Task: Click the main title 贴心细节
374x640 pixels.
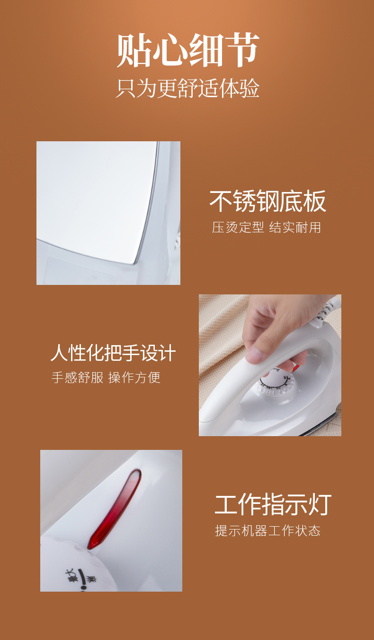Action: tap(188, 51)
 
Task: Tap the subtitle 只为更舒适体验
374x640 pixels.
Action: tap(187, 89)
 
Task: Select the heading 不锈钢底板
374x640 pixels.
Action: tap(268, 201)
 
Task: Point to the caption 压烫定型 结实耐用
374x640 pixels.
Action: tap(267, 227)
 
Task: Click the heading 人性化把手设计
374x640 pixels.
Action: tap(113, 353)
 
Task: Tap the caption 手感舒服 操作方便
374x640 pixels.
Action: tap(106, 377)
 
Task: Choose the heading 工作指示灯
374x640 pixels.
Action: tap(273, 504)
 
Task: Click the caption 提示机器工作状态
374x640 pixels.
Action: tap(267, 530)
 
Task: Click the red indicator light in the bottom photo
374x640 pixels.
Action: tap(114, 510)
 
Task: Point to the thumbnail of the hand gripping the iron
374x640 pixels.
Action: tap(270, 365)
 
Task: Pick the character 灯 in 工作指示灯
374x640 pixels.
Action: tap(320, 504)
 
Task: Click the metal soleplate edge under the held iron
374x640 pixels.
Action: tap(320, 425)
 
